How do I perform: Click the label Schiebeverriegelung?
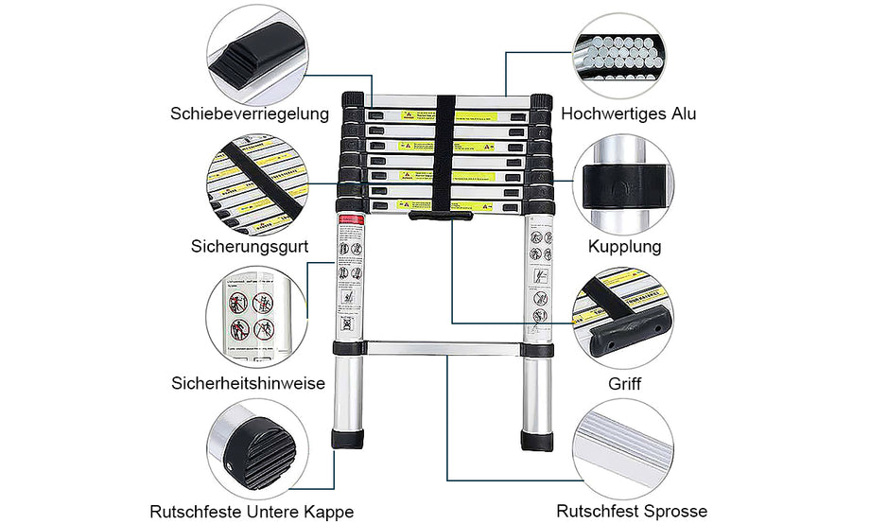[249, 114]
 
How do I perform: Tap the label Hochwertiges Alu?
[628, 114]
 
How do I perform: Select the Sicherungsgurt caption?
[249, 247]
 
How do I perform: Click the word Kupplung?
[624, 247]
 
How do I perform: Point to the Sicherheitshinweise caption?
[249, 383]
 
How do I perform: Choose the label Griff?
[624, 385]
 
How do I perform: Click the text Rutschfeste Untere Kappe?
[252, 512]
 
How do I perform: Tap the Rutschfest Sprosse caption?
[631, 512]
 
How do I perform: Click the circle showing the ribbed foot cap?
[255, 448]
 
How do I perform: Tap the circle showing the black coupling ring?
[623, 183]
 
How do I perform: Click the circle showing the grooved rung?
[623, 447]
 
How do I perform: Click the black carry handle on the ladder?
[441, 218]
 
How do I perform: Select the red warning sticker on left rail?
[351, 219]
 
